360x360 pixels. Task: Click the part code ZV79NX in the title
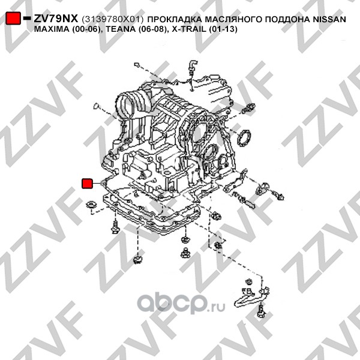click(56, 19)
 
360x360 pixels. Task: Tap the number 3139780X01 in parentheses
click(113, 19)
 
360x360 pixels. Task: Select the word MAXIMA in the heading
click(51, 29)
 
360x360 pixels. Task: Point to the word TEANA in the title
click(121, 29)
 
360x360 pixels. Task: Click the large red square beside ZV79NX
click(13, 19)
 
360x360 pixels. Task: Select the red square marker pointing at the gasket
click(87, 183)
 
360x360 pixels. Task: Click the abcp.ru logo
click(181, 302)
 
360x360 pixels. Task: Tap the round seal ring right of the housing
click(244, 138)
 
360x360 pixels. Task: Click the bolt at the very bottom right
click(261, 311)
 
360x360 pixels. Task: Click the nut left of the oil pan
click(92, 205)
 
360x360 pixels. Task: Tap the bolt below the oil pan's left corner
click(115, 227)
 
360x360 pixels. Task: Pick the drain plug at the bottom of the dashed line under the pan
click(138, 259)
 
